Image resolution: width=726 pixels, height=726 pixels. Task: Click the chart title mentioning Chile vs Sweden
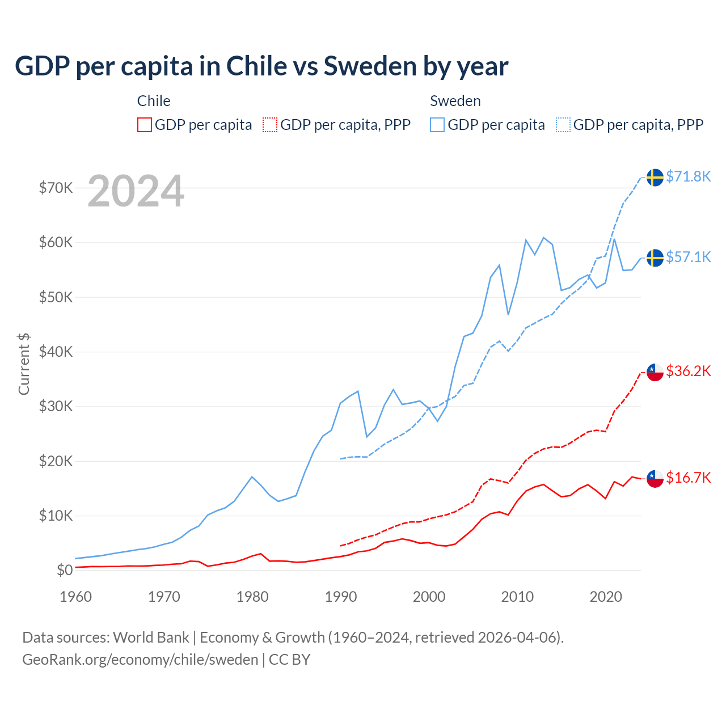tap(261, 66)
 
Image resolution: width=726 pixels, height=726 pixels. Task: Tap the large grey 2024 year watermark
tap(136, 191)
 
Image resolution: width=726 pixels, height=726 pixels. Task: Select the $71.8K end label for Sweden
tap(688, 176)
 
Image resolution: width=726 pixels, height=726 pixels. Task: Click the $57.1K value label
tap(688, 257)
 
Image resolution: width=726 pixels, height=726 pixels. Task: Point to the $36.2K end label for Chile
tap(688, 371)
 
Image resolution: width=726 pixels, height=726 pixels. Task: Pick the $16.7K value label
tap(688, 478)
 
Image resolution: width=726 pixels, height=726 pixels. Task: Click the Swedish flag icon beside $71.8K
tap(655, 177)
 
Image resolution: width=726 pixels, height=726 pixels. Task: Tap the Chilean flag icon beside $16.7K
tap(655, 478)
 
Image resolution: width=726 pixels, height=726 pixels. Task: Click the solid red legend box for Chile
tap(145, 125)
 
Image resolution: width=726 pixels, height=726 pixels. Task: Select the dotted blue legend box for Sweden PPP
tap(563, 125)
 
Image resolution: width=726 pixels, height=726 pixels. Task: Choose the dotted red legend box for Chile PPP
tap(270, 125)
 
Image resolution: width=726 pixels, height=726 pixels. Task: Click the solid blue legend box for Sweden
tap(437, 125)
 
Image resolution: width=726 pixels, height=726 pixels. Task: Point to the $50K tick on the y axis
tap(56, 297)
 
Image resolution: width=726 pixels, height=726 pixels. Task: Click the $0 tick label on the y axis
tap(65, 570)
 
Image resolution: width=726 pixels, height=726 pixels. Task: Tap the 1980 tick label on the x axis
tap(252, 597)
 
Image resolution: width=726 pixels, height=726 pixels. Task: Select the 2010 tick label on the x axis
tap(517, 597)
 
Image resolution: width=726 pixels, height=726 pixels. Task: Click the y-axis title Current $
tap(24, 364)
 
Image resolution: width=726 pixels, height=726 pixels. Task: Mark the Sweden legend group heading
tap(455, 101)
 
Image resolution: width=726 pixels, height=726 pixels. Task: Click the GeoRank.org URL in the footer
tap(140, 660)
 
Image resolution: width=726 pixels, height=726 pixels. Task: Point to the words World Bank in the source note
tap(151, 638)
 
